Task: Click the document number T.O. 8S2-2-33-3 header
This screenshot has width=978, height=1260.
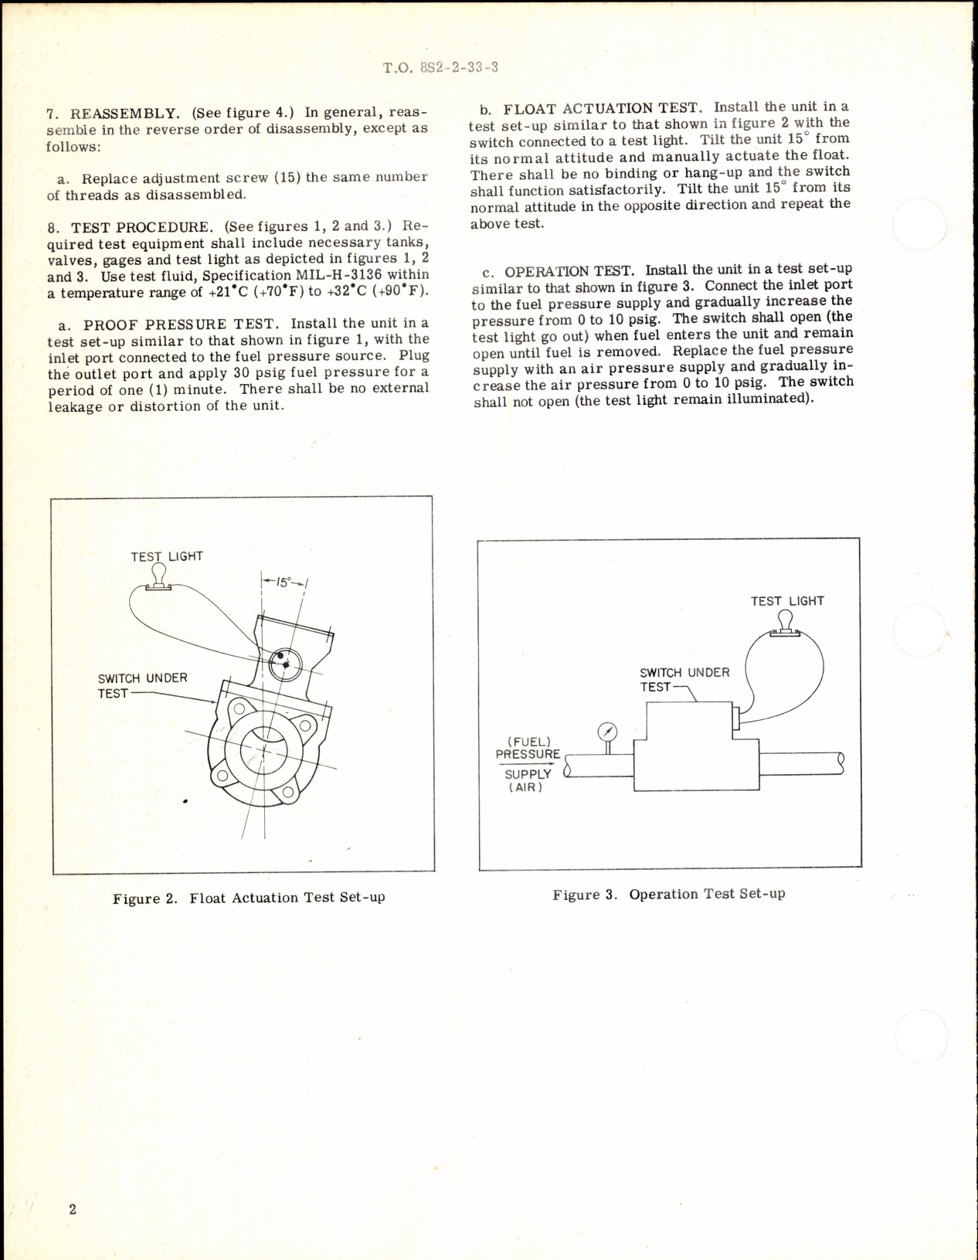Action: coord(440,67)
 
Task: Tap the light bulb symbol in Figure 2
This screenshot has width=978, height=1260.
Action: coord(160,576)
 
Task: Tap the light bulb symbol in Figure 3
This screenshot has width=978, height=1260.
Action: coord(786,622)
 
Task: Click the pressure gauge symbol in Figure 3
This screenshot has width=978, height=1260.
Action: coord(608,732)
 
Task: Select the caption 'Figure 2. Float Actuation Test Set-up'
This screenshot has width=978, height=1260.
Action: coord(249,898)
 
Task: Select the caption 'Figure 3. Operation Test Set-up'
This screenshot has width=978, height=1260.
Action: coord(668,894)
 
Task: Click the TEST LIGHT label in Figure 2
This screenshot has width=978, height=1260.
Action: coord(166,556)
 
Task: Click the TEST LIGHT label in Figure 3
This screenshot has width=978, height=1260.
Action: coord(786,600)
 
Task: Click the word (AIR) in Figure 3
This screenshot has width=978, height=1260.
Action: coord(526,787)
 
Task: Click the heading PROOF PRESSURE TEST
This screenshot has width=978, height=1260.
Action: coord(179,324)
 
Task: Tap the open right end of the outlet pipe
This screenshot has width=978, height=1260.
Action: coord(840,763)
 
